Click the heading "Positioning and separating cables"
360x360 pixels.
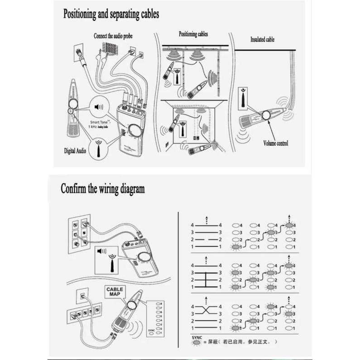pos(111,14)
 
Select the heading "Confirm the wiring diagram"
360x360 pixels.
pos(103,189)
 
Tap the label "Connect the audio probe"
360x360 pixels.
pos(113,36)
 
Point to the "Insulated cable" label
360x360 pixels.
pos(263,39)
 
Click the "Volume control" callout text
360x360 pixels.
pos(276,144)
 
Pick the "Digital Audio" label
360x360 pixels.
pos(75,150)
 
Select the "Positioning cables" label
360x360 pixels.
pos(193,34)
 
